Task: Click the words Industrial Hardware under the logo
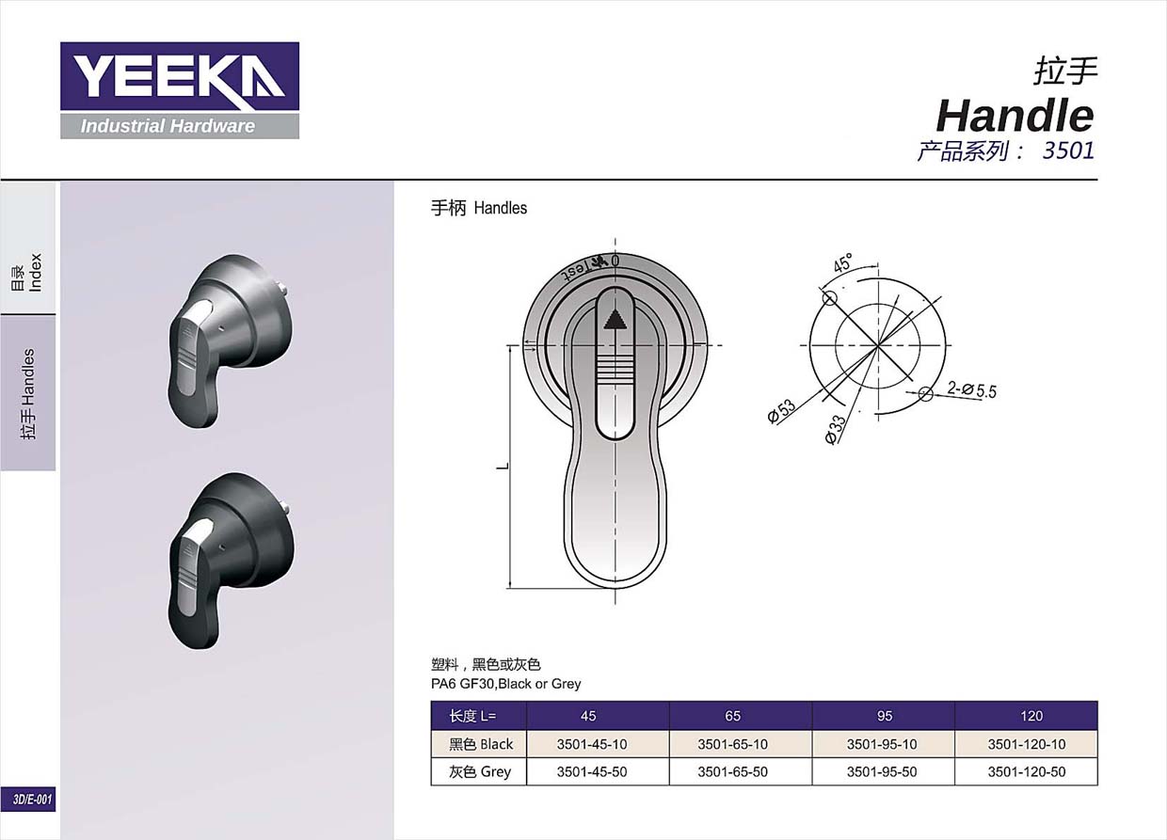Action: [x=168, y=126]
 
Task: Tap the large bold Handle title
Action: [x=1015, y=116]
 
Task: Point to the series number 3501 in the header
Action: [x=1068, y=151]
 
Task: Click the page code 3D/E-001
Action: [x=32, y=800]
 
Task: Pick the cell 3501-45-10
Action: [x=592, y=744]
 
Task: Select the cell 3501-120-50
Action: [x=1027, y=771]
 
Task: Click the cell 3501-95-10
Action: [x=882, y=744]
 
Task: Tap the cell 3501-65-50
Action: [x=732, y=771]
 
